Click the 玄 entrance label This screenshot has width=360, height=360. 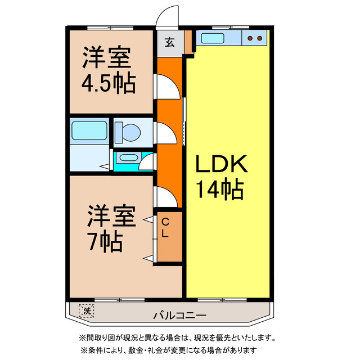[169, 42]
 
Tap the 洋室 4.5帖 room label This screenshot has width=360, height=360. [109, 70]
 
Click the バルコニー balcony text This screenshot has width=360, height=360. [180, 315]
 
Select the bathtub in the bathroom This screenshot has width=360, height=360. [89, 132]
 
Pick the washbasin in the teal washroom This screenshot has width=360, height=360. [129, 159]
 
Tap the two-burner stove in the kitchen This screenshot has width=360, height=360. [255, 38]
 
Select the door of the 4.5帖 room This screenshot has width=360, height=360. [168, 87]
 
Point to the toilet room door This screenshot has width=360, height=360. [166, 133]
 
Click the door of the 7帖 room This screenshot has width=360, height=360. [167, 197]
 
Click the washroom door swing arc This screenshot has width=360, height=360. [147, 163]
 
